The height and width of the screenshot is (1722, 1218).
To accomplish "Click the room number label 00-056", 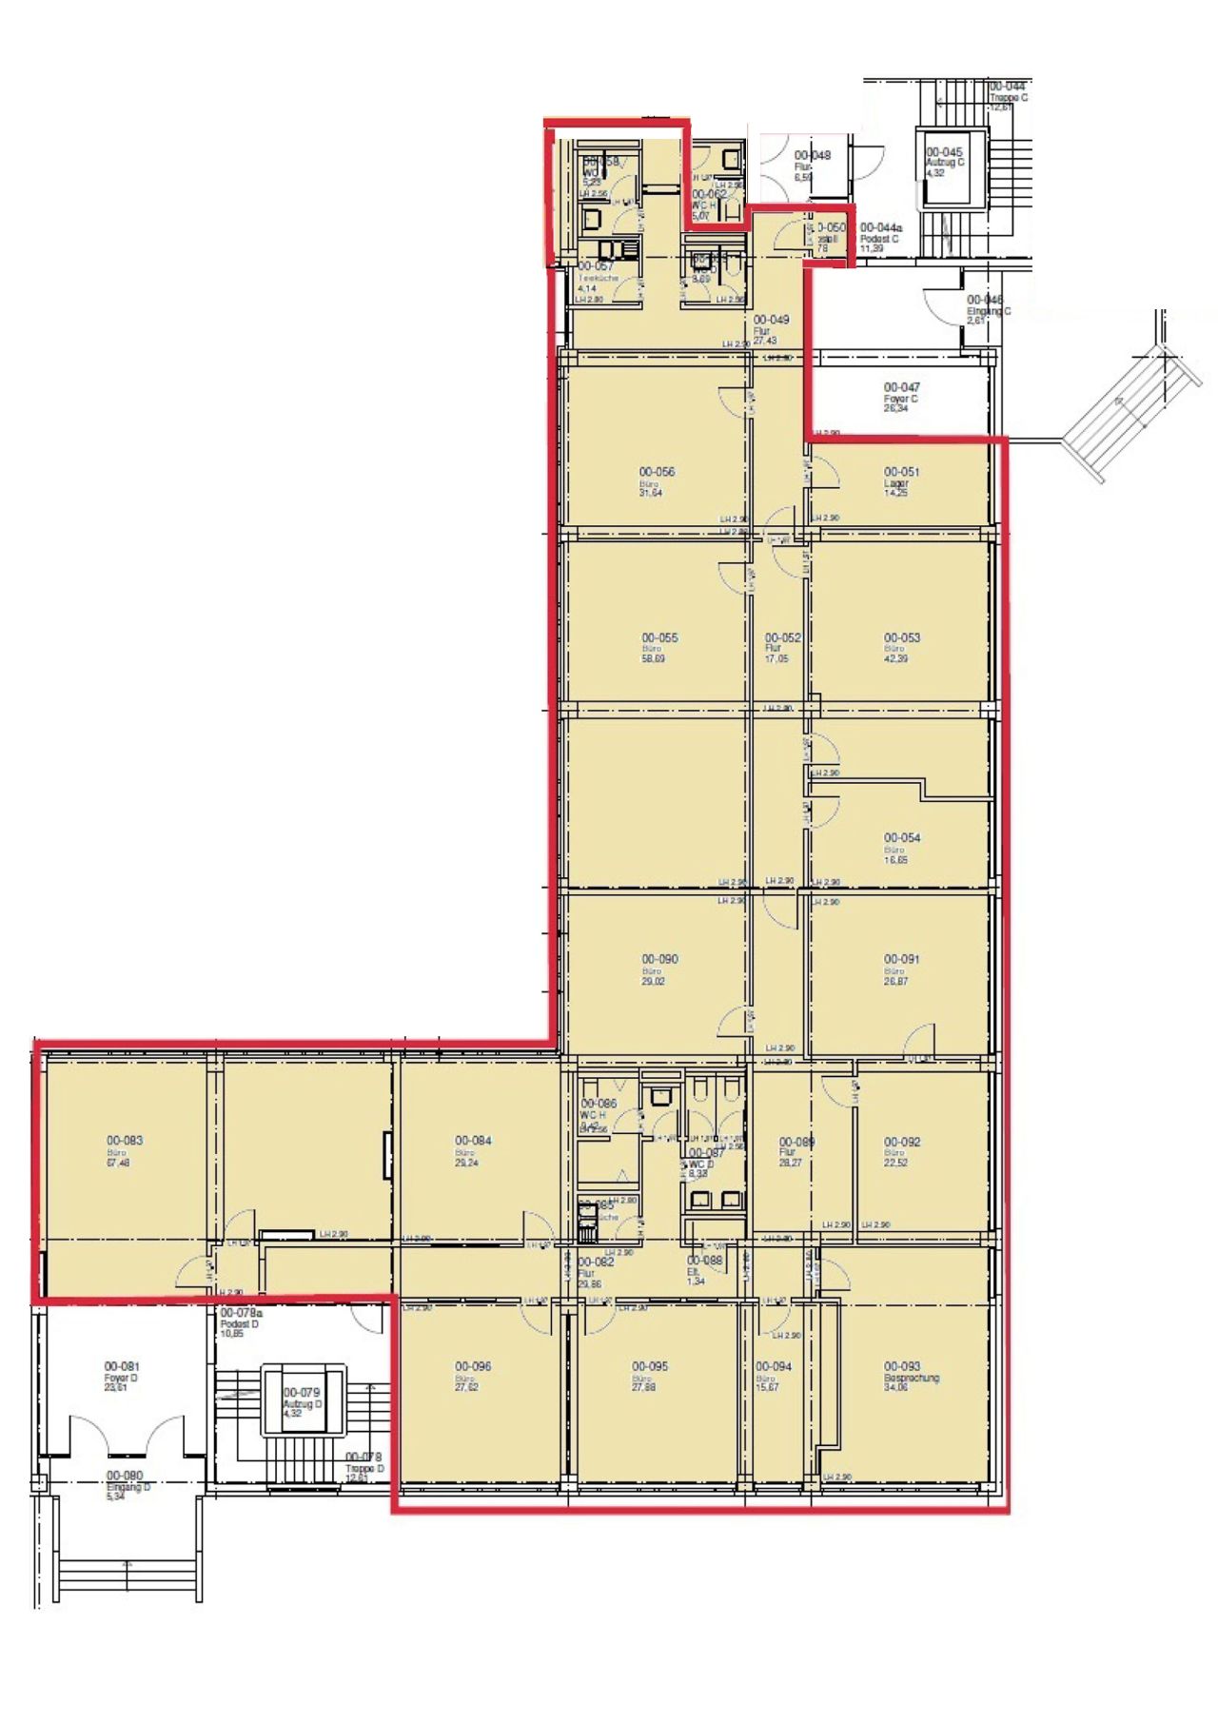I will pyautogui.click(x=657, y=472).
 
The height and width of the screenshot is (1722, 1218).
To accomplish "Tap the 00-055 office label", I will pyautogui.click(x=659, y=638).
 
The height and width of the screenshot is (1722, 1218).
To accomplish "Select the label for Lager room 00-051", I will pyautogui.click(x=901, y=472).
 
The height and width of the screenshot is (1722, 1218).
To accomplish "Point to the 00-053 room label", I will pyautogui.click(x=901, y=638).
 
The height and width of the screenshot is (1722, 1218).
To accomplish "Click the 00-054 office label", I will pyautogui.click(x=901, y=838).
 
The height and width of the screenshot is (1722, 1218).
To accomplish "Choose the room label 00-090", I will pyautogui.click(x=659, y=960).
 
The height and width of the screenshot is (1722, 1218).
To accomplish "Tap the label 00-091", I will pyautogui.click(x=901, y=960).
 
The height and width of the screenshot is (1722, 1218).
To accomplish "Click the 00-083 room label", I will pyautogui.click(x=125, y=1141).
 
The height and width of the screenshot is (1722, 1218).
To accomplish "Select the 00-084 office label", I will pyautogui.click(x=473, y=1141).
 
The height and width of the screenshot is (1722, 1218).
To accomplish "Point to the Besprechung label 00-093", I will pyautogui.click(x=901, y=1367).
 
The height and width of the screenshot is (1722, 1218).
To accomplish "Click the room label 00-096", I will pyautogui.click(x=473, y=1367).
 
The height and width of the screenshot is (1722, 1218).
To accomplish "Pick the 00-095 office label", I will pyautogui.click(x=650, y=1367).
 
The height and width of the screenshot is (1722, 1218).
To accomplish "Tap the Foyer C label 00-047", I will pyautogui.click(x=901, y=388).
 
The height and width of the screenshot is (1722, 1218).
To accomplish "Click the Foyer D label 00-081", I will pyautogui.click(x=122, y=1367).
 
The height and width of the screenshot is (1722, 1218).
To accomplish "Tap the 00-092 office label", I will pyautogui.click(x=901, y=1142).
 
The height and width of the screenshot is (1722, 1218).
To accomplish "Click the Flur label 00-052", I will pyautogui.click(x=782, y=638).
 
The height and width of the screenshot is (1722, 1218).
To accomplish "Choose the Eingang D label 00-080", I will pyautogui.click(x=125, y=1476).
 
